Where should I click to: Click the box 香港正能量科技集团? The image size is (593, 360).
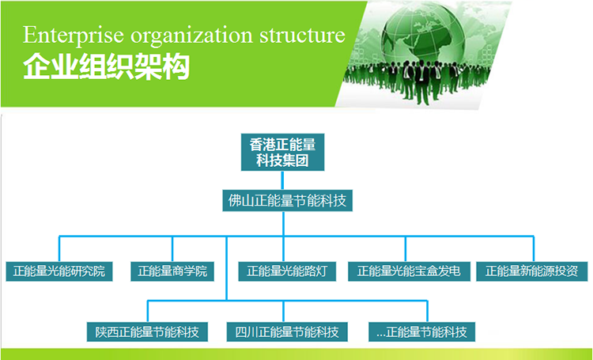point(282,152)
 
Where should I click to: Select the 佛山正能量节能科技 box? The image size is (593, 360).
point(288,201)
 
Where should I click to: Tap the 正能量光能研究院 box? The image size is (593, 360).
point(59,271)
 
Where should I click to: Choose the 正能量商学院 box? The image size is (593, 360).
point(172,271)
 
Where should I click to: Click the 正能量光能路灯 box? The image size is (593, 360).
point(287,271)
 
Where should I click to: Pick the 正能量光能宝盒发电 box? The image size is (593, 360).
point(410,271)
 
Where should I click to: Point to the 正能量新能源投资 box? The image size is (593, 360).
point(532,271)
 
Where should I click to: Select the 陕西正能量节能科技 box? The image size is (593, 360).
point(147,332)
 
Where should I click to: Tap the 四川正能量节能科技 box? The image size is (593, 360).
point(287,332)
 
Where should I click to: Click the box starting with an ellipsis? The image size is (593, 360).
point(421,332)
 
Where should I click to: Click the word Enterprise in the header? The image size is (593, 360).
point(74,36)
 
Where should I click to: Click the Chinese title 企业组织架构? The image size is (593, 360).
point(106,68)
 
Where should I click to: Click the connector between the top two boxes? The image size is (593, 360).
point(282,180)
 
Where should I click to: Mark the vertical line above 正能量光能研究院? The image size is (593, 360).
point(59,249)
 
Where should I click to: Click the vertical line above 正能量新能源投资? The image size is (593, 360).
point(534,249)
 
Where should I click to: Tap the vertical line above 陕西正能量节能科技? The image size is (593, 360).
point(148,312)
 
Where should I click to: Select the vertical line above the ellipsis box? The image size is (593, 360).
point(427,312)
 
